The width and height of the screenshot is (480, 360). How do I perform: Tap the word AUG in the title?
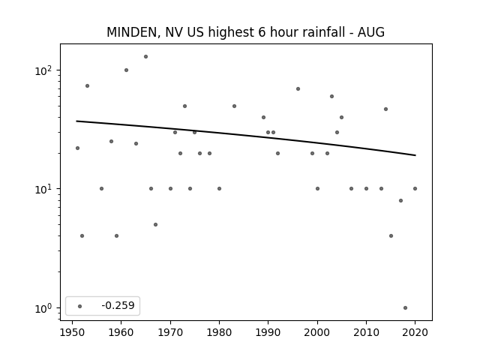tap(371, 32)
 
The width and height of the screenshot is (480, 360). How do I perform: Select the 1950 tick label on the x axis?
tap(72, 332)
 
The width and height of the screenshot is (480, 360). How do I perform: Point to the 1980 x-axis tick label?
tap(219, 332)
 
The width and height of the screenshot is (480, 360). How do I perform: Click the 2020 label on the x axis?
tap(415, 332)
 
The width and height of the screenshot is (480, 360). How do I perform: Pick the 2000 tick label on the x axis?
tap(317, 332)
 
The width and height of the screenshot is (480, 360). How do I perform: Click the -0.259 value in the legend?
tap(118, 305)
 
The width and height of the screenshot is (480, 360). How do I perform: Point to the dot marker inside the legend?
tap(80, 306)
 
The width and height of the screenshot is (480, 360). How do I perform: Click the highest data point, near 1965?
tap(145, 57)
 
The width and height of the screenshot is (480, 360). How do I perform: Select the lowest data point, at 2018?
tap(405, 307)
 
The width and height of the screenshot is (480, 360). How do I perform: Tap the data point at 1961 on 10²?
tap(126, 70)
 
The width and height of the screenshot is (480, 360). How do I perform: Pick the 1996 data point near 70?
tap(298, 88)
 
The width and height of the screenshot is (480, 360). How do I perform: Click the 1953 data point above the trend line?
tap(87, 85)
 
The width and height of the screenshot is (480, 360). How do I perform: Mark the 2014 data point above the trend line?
tap(385, 109)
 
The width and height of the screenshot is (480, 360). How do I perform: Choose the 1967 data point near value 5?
tap(155, 224)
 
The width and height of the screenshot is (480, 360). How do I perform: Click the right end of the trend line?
tap(415, 155)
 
